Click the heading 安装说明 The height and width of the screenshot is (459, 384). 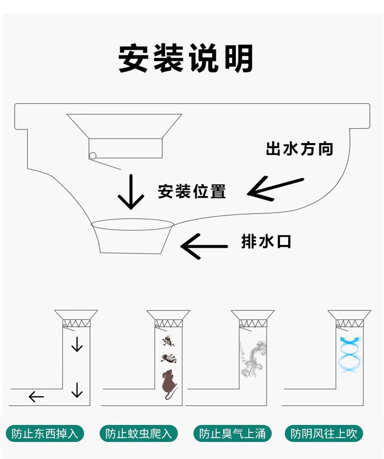coord(186,59)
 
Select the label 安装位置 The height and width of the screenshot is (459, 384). coord(192,191)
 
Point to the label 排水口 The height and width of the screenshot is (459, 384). coord(266,241)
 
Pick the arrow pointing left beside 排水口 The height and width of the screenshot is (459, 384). coord(204,246)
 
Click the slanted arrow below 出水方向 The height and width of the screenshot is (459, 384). coord(275,189)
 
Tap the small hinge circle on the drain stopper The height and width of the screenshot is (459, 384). coord(92,156)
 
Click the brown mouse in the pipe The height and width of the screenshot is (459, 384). coord(168,384)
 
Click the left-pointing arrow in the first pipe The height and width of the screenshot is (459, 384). coord(36,397)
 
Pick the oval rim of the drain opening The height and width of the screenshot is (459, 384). coord(133,225)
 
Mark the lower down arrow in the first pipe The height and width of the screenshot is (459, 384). coord(77,389)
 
